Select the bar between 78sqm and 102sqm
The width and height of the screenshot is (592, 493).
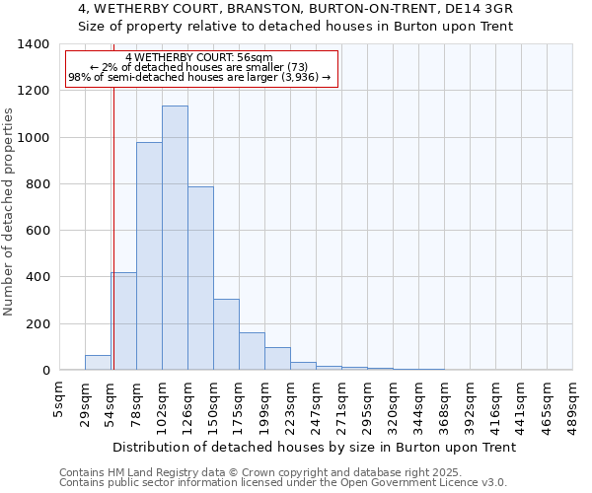[149, 256]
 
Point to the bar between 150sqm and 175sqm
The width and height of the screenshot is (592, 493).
[226, 334]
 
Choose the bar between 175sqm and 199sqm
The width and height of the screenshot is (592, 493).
[252, 351]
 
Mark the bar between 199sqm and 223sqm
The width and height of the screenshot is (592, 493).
[277, 359]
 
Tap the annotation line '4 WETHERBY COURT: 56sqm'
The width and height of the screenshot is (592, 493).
[199, 58]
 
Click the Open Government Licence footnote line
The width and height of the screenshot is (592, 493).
[283, 483]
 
